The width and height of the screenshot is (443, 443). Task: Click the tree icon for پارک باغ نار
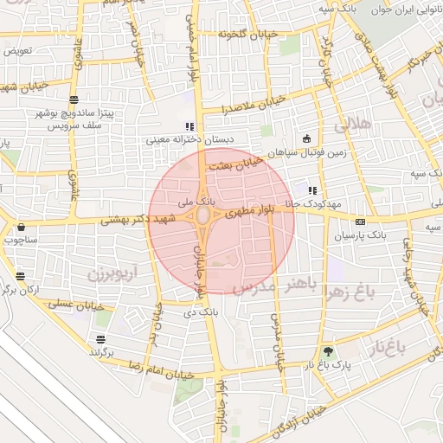click(x=327, y=351)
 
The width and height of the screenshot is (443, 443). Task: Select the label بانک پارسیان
click(x=388, y=234)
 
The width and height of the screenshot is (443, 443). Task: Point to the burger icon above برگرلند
click(x=101, y=338)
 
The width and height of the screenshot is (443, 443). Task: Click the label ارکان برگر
click(x=20, y=289)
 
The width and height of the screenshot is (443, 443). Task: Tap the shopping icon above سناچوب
click(x=20, y=228)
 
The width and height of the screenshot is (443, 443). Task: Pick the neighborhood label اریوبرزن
click(x=112, y=274)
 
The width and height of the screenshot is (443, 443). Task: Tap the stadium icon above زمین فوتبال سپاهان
click(x=305, y=138)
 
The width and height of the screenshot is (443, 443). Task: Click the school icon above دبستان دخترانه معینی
click(x=189, y=126)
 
